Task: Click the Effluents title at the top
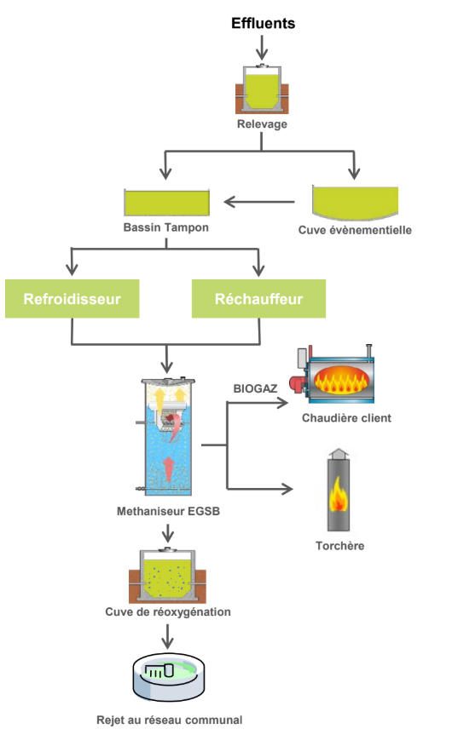coord(263,23)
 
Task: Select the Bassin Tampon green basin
coord(166,203)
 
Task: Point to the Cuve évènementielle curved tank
coord(356,203)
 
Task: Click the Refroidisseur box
coord(72,299)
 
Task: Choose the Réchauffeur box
coord(258,299)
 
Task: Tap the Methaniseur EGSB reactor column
coord(166,436)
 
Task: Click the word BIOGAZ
coord(255,388)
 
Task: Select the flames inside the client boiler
coord(341,379)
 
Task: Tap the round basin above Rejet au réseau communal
coord(169,678)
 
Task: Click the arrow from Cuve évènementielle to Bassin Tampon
coord(259,202)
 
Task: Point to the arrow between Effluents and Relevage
coord(262,47)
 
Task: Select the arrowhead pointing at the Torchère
coord(287,489)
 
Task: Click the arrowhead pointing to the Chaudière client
coord(282,403)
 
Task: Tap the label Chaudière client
coord(346,417)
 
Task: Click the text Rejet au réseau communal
coord(170,720)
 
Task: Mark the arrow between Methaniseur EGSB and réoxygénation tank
coord(167,532)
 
